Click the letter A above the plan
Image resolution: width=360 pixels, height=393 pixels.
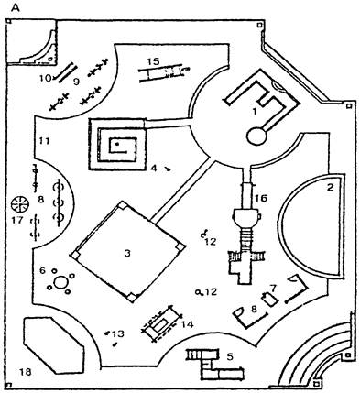(16, 8)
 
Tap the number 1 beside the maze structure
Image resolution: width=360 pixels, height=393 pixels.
(254, 112)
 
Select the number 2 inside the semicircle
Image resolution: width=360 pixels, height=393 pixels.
(331, 188)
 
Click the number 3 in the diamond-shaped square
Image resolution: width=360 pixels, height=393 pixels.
(127, 253)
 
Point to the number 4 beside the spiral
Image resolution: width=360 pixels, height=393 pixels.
(154, 168)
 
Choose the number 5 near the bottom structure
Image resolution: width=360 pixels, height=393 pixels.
(230, 356)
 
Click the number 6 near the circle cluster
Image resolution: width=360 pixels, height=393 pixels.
(42, 270)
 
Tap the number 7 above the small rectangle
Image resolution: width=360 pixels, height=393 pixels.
(273, 288)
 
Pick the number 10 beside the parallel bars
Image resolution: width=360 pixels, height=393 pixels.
(45, 79)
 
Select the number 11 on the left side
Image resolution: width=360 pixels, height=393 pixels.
(44, 141)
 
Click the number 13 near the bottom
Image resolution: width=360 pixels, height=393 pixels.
(118, 334)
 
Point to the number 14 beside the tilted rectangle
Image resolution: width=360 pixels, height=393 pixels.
(187, 324)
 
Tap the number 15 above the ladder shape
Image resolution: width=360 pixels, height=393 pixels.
(153, 61)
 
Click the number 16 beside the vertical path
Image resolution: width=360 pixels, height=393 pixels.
(261, 199)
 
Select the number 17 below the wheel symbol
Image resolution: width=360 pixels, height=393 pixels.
(17, 220)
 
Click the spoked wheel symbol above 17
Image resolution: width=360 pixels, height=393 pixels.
(19, 204)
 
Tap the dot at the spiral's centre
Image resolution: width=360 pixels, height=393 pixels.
(116, 142)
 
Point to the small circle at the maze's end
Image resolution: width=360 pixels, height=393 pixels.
(257, 136)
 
